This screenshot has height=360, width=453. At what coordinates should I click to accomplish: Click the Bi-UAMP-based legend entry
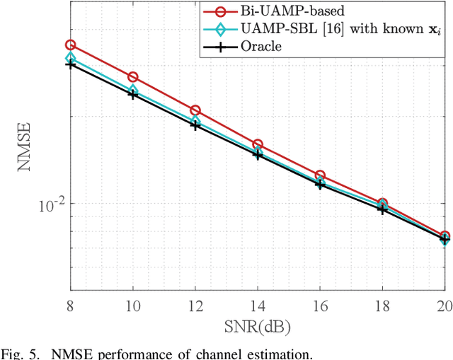273,12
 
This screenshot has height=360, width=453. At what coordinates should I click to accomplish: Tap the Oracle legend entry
258,47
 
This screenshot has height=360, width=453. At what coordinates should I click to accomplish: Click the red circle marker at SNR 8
70,45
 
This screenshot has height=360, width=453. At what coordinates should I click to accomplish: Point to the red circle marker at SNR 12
195,110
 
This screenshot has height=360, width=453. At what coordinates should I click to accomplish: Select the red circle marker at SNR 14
258,144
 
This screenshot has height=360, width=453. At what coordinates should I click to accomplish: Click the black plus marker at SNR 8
70,64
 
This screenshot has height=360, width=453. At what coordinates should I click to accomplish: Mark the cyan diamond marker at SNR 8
70,58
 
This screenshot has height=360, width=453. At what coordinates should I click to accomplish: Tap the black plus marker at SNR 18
382,209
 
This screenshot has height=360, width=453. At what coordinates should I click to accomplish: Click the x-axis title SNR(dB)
258,327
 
